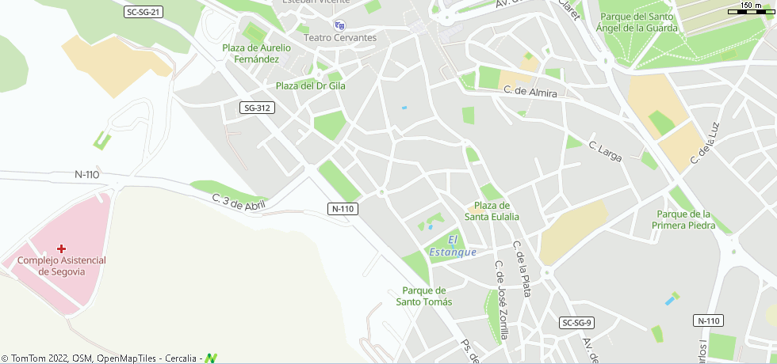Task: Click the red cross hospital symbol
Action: pos(61,248)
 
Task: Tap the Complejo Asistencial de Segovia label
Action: pos(62,266)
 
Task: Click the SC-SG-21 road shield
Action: pos(144,12)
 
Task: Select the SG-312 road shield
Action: pos(258,108)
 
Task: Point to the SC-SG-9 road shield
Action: pos(576,323)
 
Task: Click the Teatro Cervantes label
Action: pos(340,37)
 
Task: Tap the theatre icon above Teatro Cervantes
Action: pos(340,25)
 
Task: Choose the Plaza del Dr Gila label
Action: pos(310,85)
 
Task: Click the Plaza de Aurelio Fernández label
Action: pos(256,53)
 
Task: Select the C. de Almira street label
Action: pos(530,92)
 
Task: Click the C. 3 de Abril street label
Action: pos(239,203)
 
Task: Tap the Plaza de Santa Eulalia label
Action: pos(492,210)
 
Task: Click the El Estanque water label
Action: pos(453,246)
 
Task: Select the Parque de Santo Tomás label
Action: pos(424,296)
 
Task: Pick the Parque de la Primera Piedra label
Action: pos(683,219)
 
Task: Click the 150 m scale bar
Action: pos(750,9)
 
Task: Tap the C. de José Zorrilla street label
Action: pos(502,301)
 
